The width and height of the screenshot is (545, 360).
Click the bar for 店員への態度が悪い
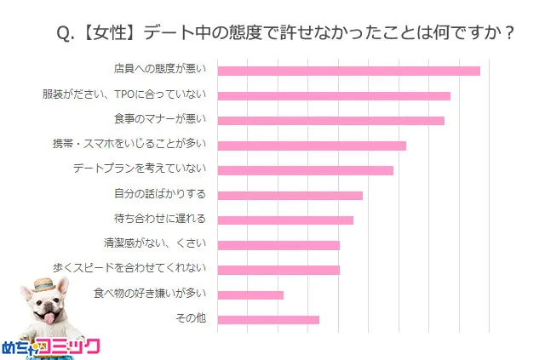pos(349,71)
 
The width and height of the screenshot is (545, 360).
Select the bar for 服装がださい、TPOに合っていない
pos(334,95)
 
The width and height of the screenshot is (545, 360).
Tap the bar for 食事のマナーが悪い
pos(331,120)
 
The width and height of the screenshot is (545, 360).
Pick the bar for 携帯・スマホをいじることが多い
pos(312,146)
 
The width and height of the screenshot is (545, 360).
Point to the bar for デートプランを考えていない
pos(306,170)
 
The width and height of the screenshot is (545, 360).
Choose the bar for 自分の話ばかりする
pos(290,195)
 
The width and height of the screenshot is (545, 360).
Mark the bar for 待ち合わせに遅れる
pos(285,220)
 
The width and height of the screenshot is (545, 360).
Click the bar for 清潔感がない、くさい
pos(278,245)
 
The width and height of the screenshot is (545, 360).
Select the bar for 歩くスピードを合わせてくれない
pos(278,270)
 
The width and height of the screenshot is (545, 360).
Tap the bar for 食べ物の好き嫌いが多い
pos(250,294)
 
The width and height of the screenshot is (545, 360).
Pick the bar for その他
pos(268,319)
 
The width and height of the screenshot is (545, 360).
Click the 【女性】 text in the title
pos(108,33)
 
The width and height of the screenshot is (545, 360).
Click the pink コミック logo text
pos(72,346)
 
